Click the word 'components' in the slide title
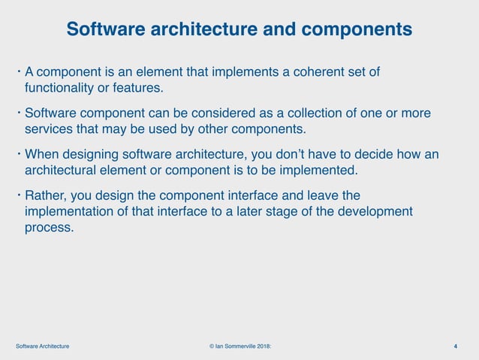coord(355,29)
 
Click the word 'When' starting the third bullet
coord(43,155)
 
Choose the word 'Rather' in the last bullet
coord(47,196)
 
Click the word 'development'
coord(372,212)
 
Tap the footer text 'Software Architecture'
coord(43,346)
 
